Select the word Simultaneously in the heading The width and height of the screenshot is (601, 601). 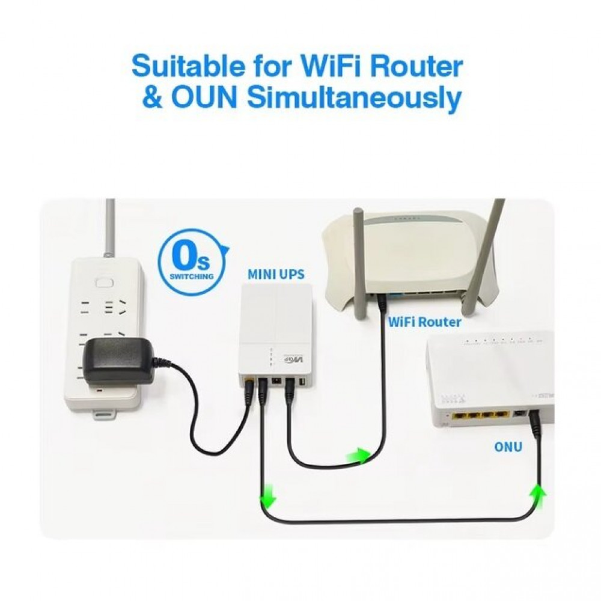coord(354,99)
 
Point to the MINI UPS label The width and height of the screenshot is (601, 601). coord(276,275)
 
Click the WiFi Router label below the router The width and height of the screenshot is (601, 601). coord(424,322)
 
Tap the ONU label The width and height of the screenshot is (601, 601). coord(508,447)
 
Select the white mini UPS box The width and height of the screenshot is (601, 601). coord(276,334)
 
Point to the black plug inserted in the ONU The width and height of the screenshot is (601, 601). coord(533,429)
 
